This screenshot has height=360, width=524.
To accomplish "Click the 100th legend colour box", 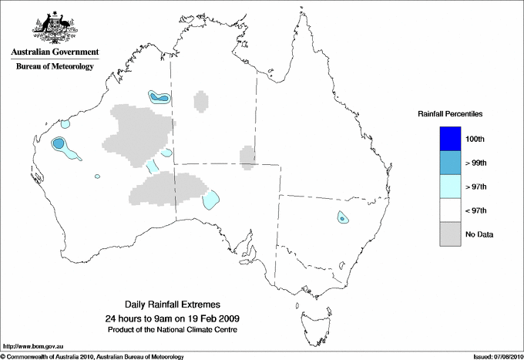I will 450,139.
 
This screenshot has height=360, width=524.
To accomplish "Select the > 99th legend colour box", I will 450,163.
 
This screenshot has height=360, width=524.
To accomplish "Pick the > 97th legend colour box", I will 450,187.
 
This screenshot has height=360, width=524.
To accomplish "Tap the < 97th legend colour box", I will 450,210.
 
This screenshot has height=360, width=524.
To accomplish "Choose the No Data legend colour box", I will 450,234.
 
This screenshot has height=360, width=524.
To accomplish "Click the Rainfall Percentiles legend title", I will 451,113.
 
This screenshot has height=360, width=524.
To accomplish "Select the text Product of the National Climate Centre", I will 179,330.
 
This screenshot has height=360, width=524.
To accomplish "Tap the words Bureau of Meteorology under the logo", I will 54,67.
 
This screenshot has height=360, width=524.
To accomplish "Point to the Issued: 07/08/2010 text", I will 497,355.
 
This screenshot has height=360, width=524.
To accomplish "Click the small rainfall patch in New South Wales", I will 341,217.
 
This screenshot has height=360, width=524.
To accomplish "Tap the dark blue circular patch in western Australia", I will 58,143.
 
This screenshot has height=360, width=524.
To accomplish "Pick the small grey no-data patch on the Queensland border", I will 247,156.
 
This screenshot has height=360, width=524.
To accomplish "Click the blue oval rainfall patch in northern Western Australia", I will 159,97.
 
